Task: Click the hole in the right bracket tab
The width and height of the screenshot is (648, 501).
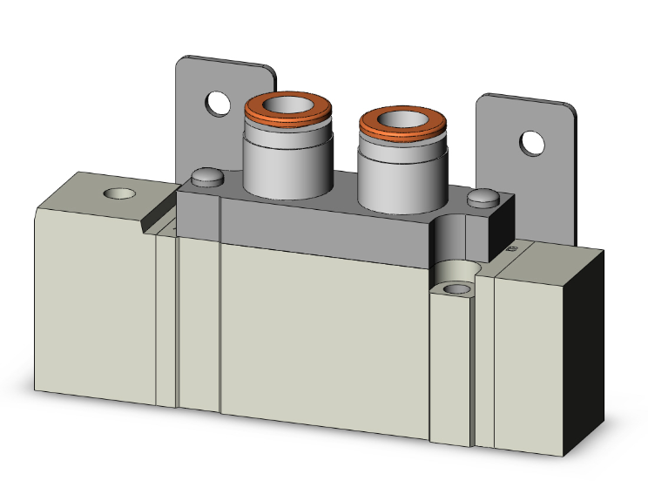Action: [531, 141]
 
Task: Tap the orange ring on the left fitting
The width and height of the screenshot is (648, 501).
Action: [287, 116]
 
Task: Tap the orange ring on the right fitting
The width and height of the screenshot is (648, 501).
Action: [401, 131]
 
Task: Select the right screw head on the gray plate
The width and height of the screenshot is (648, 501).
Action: [481, 200]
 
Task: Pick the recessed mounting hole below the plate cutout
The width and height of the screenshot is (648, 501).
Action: [454, 288]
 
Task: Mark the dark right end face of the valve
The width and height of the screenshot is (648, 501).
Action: [582, 357]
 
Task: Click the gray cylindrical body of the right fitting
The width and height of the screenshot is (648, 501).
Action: [401, 183]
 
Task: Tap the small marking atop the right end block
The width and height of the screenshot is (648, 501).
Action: [511, 250]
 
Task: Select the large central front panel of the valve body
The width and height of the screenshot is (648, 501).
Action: [322, 340]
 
